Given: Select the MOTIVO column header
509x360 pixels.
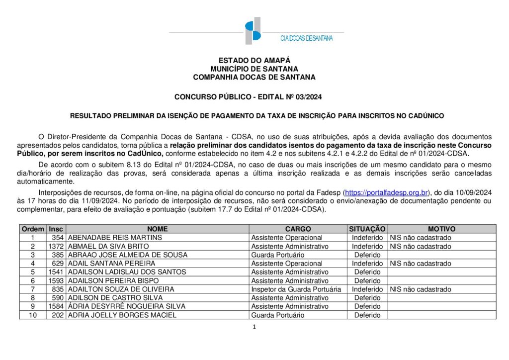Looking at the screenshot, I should tap(441, 229).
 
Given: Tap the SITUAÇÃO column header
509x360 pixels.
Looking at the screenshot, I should tap(367, 229).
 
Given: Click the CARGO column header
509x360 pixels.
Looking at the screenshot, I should tap(298, 229).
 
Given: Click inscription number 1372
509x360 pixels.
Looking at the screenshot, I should tap(56, 246).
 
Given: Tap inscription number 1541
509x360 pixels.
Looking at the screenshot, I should tap(56, 272).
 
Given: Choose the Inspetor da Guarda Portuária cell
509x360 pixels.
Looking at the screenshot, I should tap(296, 289).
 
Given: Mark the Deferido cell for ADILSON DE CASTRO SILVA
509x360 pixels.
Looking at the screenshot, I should tap(367, 297).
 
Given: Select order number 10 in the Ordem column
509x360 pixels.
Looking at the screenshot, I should tap(33, 315).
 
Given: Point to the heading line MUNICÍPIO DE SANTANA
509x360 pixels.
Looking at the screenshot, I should tap(254, 69).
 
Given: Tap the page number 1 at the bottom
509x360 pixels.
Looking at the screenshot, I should tap(254, 327).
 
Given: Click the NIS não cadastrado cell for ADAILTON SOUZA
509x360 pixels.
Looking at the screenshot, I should tap(421, 289).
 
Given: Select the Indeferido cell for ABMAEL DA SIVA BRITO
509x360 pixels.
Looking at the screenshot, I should tap(367, 246).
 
